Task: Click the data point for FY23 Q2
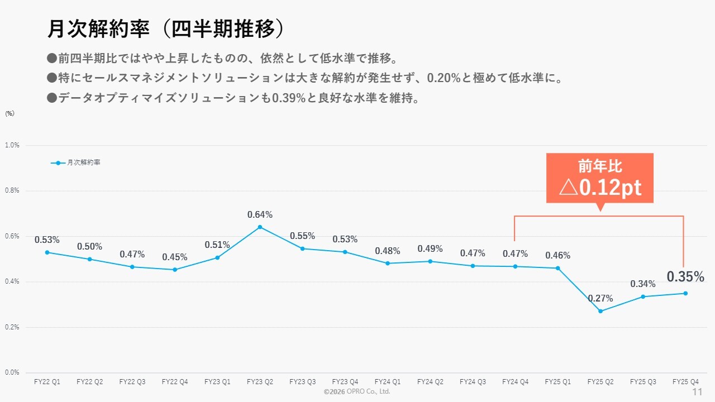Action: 260,227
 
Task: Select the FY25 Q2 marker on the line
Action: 600,311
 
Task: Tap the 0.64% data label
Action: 260,214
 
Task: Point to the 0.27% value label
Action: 600,299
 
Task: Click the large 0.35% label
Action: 685,276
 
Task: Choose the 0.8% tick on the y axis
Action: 12,190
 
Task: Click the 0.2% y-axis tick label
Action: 12,327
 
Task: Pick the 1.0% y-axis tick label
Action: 12,145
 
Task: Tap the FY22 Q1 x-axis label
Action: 47,382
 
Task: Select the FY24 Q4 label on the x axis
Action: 516,382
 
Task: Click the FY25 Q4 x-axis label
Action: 685,382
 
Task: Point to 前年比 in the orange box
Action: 600,166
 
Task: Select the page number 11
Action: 697,392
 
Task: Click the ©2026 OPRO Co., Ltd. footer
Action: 357,392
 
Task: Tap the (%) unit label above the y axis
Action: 9,113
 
